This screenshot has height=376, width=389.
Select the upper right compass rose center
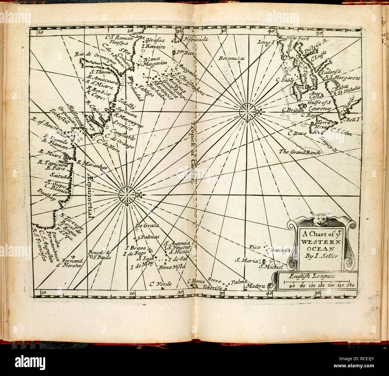pyautogui.click(x=248, y=112)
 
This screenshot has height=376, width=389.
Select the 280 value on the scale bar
pyautogui.click(x=350, y=285)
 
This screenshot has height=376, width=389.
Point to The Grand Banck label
pyautogui.click(x=300, y=152)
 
